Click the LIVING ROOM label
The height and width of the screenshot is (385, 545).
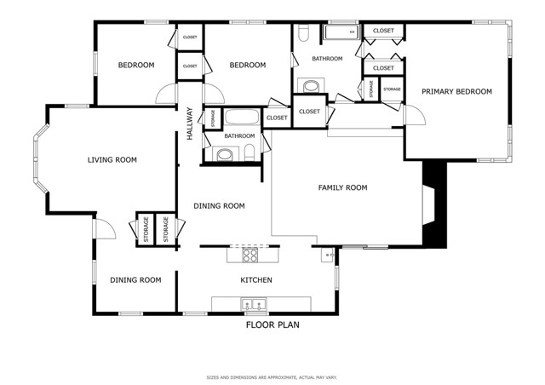click(x=112, y=159)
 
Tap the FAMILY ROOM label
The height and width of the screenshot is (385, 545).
click(x=342, y=187)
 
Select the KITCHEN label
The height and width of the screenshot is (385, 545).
click(x=255, y=280)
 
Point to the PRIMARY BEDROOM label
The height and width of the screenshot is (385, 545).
click(x=457, y=91)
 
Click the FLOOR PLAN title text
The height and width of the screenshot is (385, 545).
click(x=272, y=325)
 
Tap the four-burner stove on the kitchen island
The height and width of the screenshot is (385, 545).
click(x=250, y=254)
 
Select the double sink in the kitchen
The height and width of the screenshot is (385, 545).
click(x=253, y=304)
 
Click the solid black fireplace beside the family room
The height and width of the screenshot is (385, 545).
click(x=434, y=205)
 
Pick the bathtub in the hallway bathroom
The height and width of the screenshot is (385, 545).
click(x=244, y=118)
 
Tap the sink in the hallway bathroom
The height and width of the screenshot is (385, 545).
click(x=224, y=154)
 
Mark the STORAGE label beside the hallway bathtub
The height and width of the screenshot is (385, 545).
click(x=211, y=118)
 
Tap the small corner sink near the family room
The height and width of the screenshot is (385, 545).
click(x=326, y=254)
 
